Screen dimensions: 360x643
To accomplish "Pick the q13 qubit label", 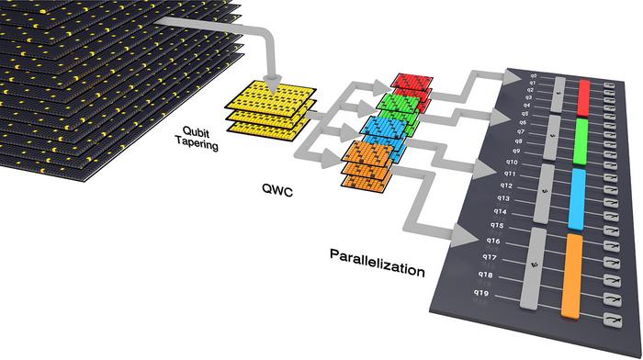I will click(502, 198).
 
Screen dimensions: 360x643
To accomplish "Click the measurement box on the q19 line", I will click(607, 321).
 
